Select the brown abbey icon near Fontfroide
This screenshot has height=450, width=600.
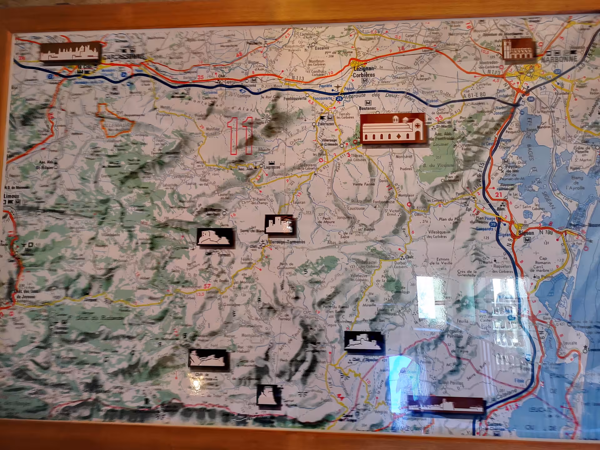(393, 128)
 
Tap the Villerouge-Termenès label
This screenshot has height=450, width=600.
(286, 242)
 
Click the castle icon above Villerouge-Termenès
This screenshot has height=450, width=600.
(280, 224)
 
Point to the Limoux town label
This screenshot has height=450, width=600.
(11, 196)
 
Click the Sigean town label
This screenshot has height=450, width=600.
(526, 233)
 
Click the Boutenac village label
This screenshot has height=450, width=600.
(367, 108)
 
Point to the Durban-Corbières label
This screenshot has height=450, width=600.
(401, 265)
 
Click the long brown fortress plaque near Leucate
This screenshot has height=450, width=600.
(446, 404)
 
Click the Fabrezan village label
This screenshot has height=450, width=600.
(326, 124)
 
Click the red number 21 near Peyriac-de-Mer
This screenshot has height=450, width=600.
(498, 195)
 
